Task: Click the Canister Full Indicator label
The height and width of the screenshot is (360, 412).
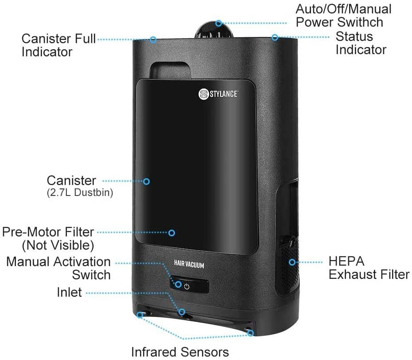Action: click(59, 45)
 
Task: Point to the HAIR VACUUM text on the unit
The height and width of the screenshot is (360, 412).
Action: click(189, 265)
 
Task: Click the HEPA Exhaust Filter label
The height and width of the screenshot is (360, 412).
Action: click(369, 268)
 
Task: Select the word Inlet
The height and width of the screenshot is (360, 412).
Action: click(69, 292)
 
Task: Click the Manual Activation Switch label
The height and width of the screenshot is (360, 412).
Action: click(58, 268)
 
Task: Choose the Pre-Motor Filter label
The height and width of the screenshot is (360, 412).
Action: click(48, 238)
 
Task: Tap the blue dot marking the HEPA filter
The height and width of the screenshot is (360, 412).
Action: click(292, 262)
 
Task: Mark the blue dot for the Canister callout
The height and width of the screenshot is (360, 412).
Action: click(146, 181)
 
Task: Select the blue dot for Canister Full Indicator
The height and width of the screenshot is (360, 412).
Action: click(153, 39)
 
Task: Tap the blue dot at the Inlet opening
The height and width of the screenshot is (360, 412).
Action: click(181, 312)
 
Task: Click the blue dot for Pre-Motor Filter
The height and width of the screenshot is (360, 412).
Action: click(171, 232)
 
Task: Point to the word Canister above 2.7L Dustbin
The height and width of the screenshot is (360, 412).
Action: click(71, 180)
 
